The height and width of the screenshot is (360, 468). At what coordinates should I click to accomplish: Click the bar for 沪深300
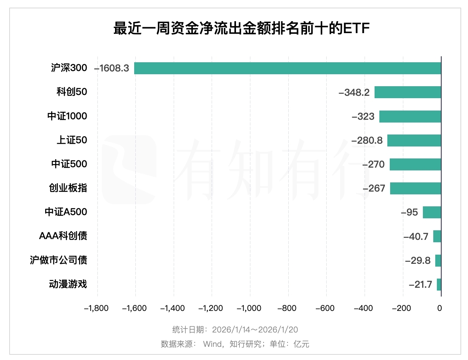(288, 68)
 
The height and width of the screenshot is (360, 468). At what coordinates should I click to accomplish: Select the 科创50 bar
(408, 92)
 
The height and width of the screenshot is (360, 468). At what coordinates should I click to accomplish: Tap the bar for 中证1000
(410, 116)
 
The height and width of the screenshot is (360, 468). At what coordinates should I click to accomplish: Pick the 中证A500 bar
(432, 212)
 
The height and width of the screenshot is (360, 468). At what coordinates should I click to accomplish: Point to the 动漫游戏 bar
(439, 285)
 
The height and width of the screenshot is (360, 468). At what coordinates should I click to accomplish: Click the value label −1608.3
(111, 68)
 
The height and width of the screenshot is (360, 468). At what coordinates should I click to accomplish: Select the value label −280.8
(367, 140)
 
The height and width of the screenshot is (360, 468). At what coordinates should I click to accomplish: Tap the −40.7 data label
(416, 237)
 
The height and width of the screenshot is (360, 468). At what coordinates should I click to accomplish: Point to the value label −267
(374, 188)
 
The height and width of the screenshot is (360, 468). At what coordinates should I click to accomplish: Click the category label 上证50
(71, 140)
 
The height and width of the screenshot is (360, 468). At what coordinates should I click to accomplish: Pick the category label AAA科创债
(63, 236)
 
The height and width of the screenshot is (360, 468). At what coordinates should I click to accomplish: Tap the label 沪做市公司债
(58, 260)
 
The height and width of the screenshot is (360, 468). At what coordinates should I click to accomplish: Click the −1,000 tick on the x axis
(250, 309)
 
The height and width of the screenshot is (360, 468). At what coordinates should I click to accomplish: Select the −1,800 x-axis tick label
(97, 309)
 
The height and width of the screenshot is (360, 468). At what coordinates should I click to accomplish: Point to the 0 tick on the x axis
(440, 309)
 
